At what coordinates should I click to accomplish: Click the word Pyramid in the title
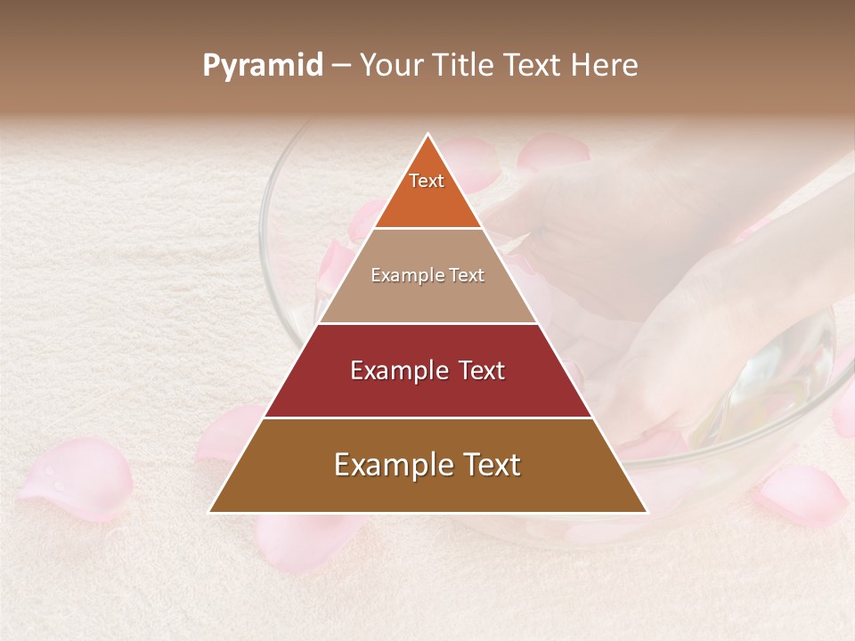[263, 66]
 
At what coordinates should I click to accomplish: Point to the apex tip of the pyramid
[427, 134]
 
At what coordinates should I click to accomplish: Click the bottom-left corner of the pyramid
[210, 512]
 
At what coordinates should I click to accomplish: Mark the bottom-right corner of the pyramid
[647, 512]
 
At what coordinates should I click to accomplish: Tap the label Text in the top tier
[427, 181]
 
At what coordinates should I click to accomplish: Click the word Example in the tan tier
[401, 275]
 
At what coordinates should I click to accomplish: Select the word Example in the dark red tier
[389, 370]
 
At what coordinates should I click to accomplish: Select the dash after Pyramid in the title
[341, 66]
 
